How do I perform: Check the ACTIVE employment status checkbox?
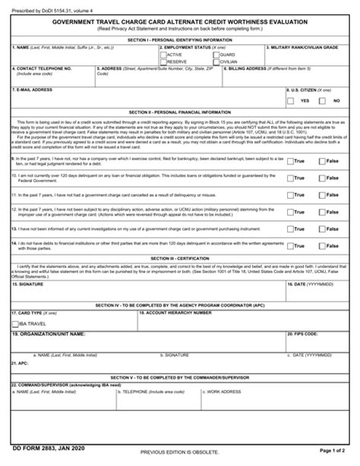pos(163,55)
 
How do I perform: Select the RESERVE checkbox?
pos(163,61)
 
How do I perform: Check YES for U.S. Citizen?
pos(292,100)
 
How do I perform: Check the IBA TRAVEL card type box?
pos(16,322)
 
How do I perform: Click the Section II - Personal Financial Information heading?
pos(179,111)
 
